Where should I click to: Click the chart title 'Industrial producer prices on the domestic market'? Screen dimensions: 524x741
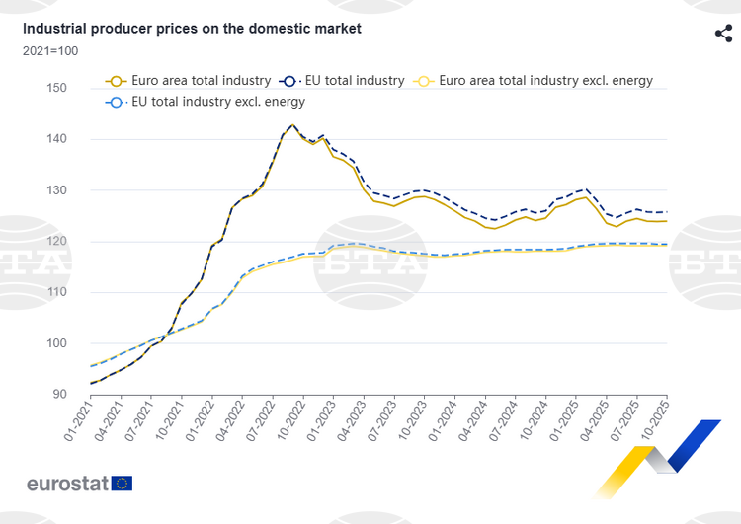click(x=192, y=29)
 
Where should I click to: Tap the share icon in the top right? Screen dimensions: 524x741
click(x=723, y=34)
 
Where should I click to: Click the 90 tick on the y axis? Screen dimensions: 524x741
click(x=59, y=395)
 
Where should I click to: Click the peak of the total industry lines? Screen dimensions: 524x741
click(x=292, y=125)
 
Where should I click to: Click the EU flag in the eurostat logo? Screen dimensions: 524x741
click(x=123, y=483)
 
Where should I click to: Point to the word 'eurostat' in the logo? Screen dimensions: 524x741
click(x=67, y=484)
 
